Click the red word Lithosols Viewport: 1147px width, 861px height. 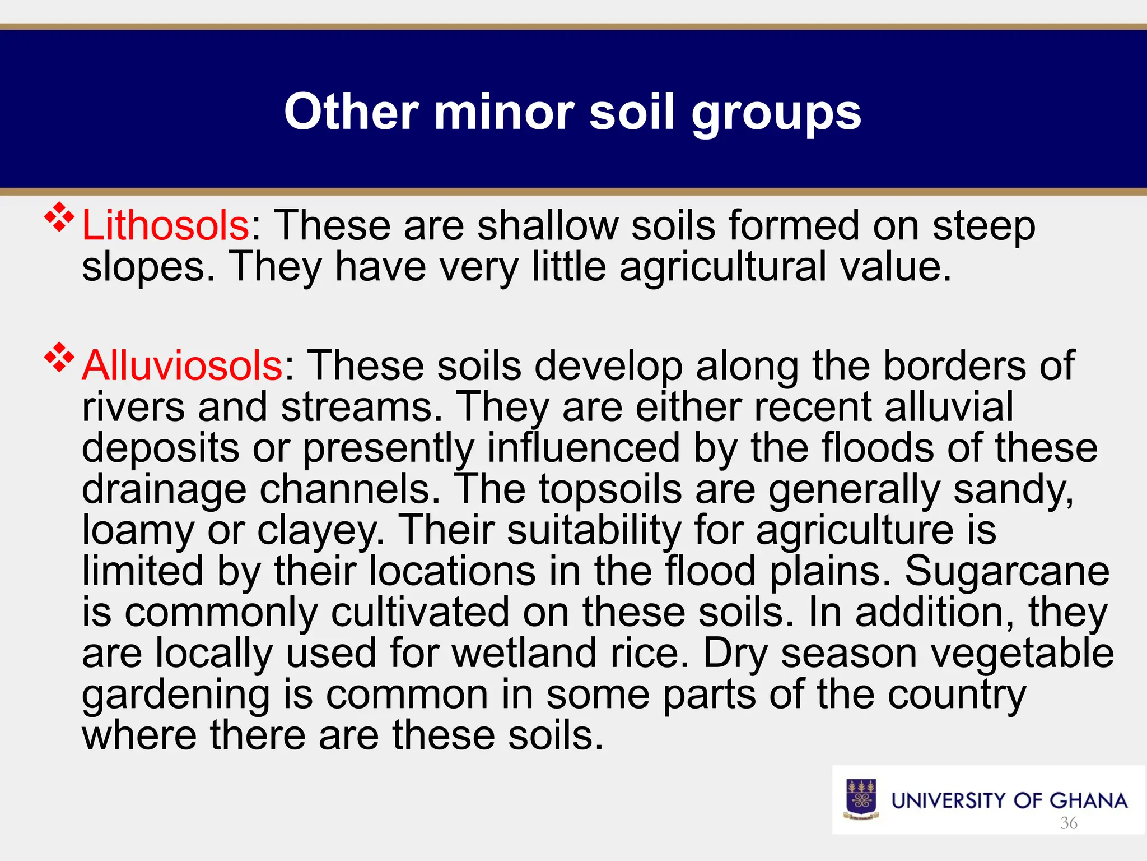pyautogui.click(x=166, y=225)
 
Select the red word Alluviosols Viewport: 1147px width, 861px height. pyautogui.click(x=183, y=365)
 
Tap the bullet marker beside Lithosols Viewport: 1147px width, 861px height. pyautogui.click(x=59, y=217)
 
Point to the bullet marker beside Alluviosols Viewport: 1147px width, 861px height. pyautogui.click(x=59, y=358)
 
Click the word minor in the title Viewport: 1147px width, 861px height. pyautogui.click(x=504, y=112)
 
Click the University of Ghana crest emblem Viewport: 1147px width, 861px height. pyautogui.click(x=861, y=799)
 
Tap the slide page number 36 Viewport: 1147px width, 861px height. pyautogui.click(x=1069, y=823)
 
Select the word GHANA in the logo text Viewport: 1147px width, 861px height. pyautogui.click(x=1088, y=800)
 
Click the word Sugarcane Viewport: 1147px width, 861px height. pyautogui.click(x=1007, y=571)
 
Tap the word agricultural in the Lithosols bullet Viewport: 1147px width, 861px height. pyautogui.click(x=723, y=267)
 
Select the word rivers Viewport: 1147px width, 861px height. pyautogui.click(x=133, y=407)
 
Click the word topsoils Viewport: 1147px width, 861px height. pyautogui.click(x=610, y=489)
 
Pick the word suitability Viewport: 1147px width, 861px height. pyautogui.click(x=594, y=530)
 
